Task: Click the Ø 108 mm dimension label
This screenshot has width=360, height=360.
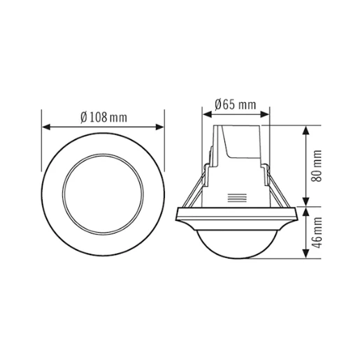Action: [x=103, y=117]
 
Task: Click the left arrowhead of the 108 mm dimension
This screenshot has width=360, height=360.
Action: [x=46, y=128]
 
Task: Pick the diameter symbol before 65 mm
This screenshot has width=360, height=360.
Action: [x=219, y=105]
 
